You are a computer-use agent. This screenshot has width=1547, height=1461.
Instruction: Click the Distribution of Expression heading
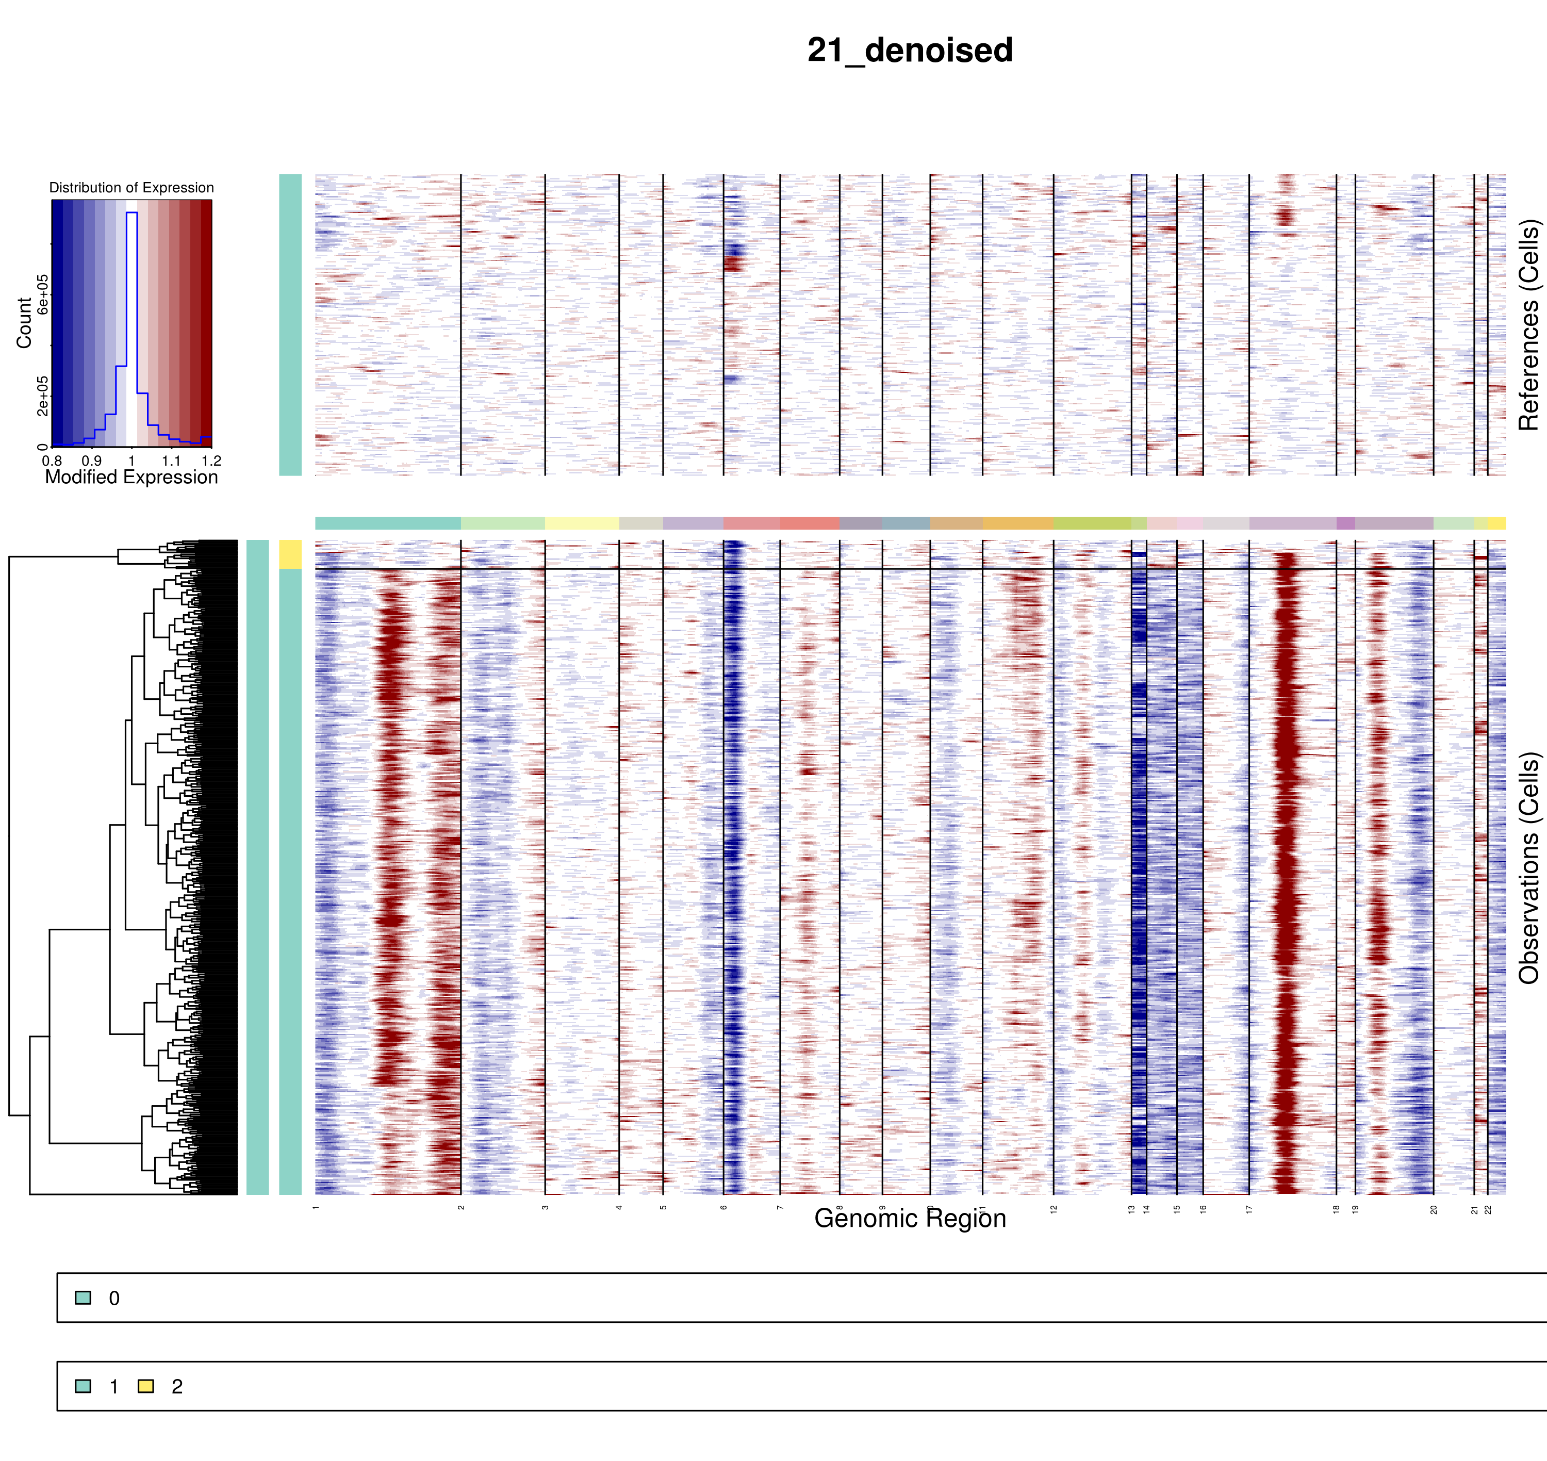pos(131,188)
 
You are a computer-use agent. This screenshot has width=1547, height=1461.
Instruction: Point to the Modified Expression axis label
pos(131,478)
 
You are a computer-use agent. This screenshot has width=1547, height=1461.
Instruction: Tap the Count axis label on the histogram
pos(24,322)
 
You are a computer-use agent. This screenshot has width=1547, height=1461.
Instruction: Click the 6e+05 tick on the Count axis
pos(43,294)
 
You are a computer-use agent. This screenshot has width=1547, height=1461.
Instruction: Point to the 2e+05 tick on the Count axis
pos(43,396)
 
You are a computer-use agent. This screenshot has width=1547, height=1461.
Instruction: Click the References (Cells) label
pos(1528,325)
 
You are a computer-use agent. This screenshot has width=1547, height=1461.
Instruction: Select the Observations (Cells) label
pos(1528,867)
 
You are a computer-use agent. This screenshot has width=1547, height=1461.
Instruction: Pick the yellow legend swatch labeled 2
pos(145,1386)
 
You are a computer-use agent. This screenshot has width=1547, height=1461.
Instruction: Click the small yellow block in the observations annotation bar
pos(290,554)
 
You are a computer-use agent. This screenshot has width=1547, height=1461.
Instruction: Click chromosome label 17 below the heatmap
pos(1249,1209)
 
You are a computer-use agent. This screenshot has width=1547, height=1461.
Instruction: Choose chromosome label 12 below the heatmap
pos(1054,1209)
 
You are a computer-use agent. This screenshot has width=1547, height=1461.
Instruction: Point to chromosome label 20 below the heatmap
pos(1434,1209)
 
